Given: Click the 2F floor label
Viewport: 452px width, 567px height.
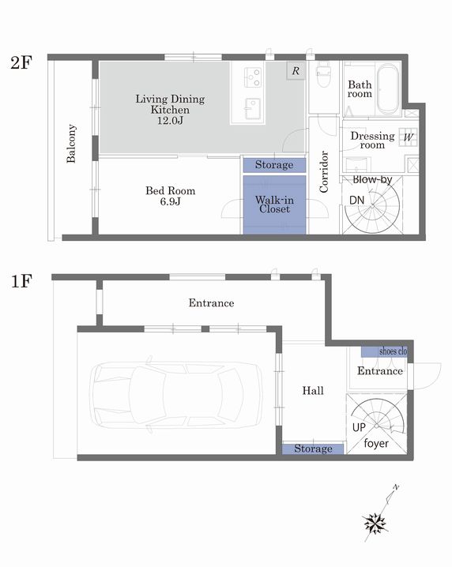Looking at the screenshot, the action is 21,62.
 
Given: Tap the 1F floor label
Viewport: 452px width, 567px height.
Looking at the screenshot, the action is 21,281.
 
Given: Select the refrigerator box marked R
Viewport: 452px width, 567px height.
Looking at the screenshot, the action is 296,70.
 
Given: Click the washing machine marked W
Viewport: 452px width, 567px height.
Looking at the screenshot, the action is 409,137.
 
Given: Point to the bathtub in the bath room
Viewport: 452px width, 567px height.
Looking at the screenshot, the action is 388,89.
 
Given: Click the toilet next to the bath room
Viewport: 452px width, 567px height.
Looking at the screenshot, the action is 323,74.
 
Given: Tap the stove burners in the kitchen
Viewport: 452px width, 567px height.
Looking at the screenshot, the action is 253,77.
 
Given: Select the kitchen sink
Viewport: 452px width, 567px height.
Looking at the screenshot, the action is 253,108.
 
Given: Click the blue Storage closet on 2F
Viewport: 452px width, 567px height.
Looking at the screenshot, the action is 274,165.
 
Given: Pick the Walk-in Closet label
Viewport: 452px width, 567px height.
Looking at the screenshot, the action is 274,205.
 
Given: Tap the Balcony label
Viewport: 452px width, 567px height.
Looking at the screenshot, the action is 71,144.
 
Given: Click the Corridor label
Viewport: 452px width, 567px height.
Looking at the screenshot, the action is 323,172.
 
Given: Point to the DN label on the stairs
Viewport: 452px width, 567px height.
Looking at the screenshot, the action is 357,200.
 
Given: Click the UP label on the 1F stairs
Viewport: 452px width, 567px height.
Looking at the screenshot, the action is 359,427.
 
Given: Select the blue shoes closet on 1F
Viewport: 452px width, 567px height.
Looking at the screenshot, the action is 384,351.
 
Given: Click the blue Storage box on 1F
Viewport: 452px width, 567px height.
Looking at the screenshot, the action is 313,449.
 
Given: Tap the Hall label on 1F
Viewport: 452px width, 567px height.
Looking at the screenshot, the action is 313,391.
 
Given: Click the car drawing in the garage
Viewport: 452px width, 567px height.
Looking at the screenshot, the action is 176,395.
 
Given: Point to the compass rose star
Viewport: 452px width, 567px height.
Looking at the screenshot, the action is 375,524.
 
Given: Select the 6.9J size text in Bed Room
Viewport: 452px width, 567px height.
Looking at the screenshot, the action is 170,201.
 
